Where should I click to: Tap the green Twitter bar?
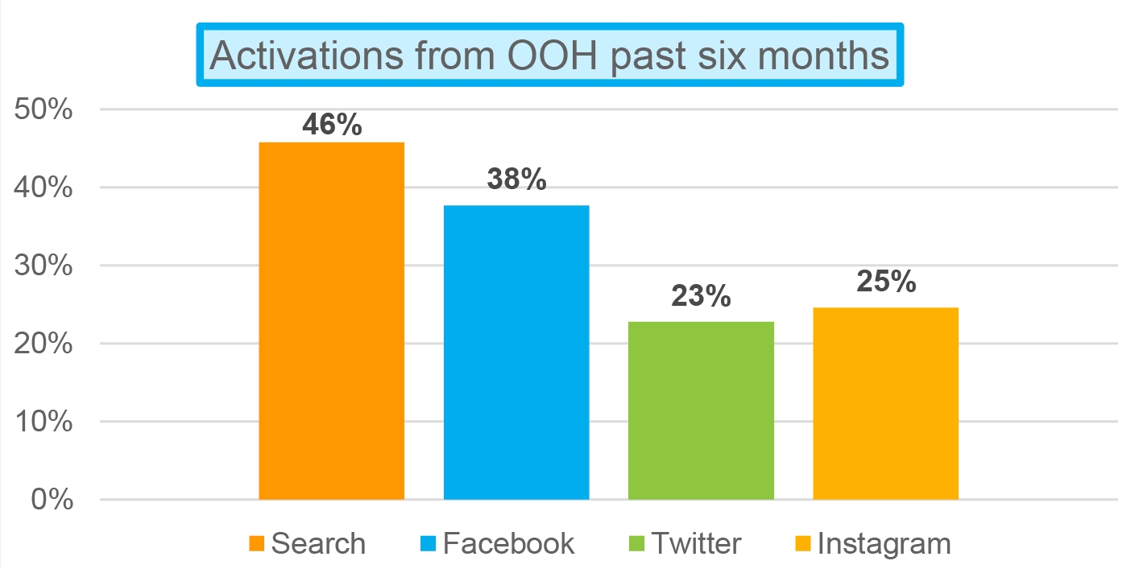coord(701,410)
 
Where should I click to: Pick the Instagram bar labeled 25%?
coord(885,403)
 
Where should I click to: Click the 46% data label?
coord(332,125)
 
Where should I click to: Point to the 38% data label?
coord(516,180)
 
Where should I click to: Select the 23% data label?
coord(701,296)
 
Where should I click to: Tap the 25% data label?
coord(885,282)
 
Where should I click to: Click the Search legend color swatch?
coord(257,544)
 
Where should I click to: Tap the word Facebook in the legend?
coord(509,543)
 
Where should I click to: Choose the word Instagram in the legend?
coord(884,543)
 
